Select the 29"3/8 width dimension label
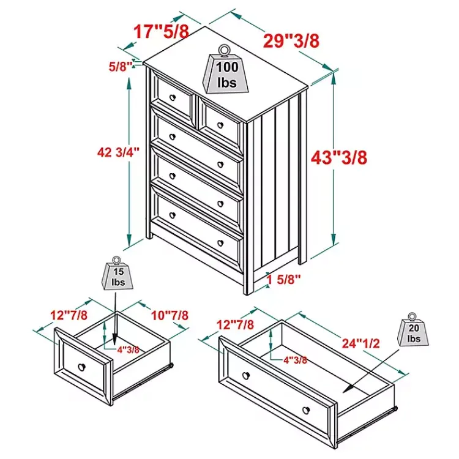pyautogui.click(x=291, y=40)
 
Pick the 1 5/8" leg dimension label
pyautogui.click(x=284, y=280)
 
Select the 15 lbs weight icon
pyautogui.click(x=117, y=276)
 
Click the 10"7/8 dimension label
pyautogui.click(x=170, y=315)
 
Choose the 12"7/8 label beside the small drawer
pyautogui.click(x=68, y=315)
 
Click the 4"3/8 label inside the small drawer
pyautogui.click(x=129, y=349)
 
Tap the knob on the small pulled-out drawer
pyautogui.click(x=81, y=367)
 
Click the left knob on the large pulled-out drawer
pyautogui.click(x=246, y=375)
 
